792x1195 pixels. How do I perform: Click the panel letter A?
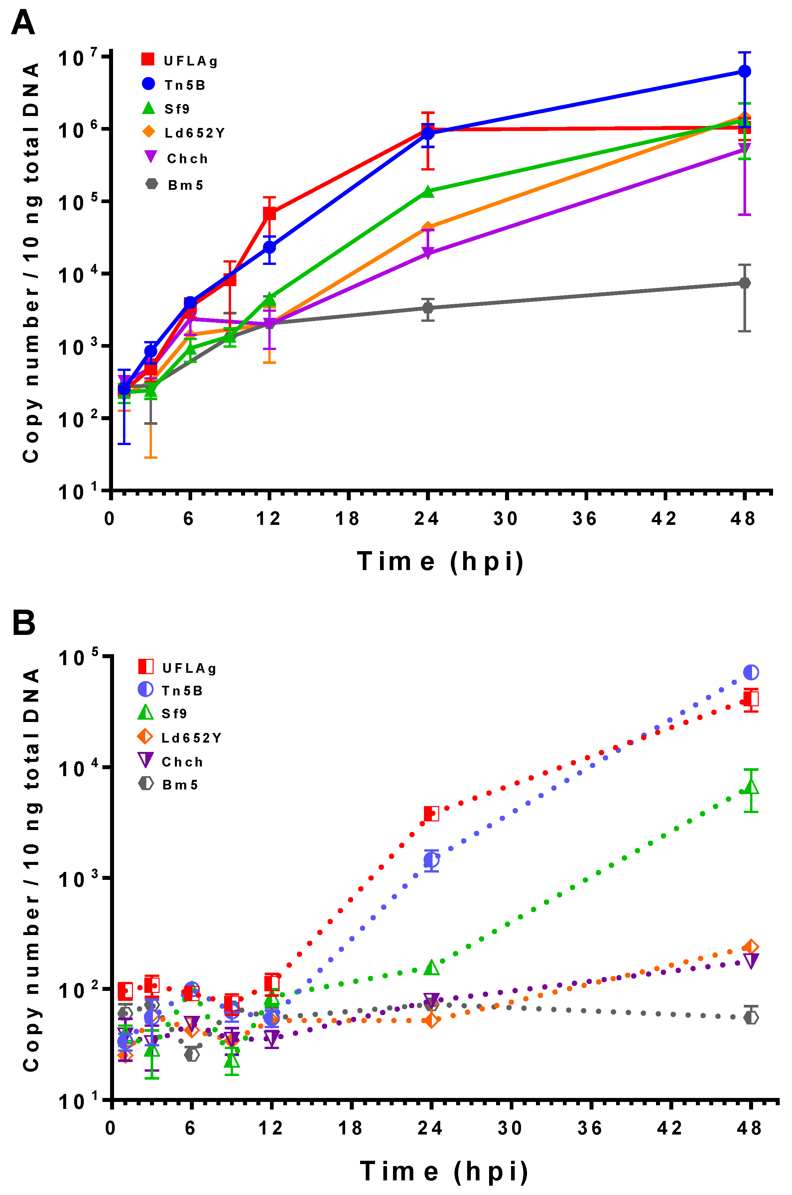pos(23,23)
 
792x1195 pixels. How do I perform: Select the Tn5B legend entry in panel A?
pos(174,84)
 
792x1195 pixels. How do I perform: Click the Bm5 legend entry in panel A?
pos(174,185)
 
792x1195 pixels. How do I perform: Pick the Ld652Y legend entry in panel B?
pos(179,738)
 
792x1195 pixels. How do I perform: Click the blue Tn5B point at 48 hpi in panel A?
pos(744,71)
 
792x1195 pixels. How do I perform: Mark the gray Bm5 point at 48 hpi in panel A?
pos(744,283)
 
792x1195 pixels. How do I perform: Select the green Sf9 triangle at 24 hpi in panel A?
pos(428,191)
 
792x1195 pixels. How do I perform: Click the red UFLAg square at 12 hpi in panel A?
pos(269,213)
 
